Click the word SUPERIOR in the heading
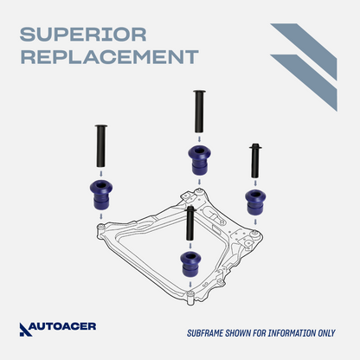pyautogui.click(x=83, y=35)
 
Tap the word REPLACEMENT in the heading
pyautogui.click(x=110, y=57)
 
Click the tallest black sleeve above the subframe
pyautogui.click(x=199, y=111)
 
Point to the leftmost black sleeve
pyautogui.click(x=100, y=145)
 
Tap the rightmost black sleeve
pyautogui.click(x=255, y=161)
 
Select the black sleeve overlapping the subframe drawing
pyautogui.click(x=190, y=223)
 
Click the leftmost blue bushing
pyautogui.click(x=101, y=195)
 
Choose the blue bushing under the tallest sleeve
pyautogui.click(x=199, y=160)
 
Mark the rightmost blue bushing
pyautogui.click(x=255, y=202)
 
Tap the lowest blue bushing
pyautogui.click(x=190, y=264)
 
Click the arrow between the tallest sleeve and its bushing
pyautogui.click(x=199, y=139)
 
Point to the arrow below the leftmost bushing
pyautogui.click(x=101, y=216)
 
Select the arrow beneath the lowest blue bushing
pyautogui.click(x=190, y=284)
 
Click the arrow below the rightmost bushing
pyautogui.click(x=255, y=222)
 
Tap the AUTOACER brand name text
pyautogui.click(x=63, y=326)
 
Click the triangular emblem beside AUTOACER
pyautogui.click(x=24, y=330)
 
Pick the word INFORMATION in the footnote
pyautogui.click(x=292, y=333)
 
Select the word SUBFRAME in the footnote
pyautogui.click(x=205, y=333)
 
